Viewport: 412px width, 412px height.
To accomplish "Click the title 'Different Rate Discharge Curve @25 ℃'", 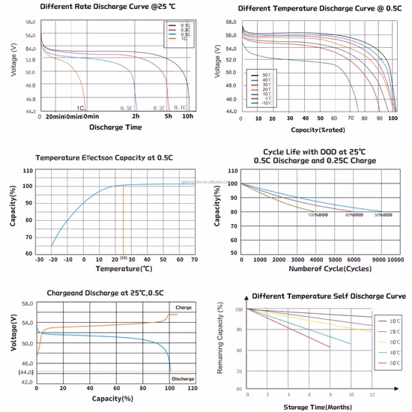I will tap(103, 7).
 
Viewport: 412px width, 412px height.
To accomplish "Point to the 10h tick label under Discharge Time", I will tap(189, 117).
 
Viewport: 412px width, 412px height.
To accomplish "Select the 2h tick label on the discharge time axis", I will tap(136, 117).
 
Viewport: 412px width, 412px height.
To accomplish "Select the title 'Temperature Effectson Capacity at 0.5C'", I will tap(103, 158).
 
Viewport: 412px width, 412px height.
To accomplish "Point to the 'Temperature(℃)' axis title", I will tap(124, 268).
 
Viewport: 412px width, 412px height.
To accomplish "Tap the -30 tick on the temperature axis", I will tap(39, 259).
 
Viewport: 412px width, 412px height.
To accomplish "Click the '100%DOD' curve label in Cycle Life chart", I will tap(318, 216).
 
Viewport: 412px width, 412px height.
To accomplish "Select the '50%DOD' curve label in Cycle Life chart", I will tap(384, 216).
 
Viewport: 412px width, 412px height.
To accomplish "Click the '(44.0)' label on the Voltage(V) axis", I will tap(25, 372).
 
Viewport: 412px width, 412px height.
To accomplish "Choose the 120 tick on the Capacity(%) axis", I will tap(192, 389).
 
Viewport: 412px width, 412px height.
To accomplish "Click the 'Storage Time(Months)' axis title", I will tap(318, 407).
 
